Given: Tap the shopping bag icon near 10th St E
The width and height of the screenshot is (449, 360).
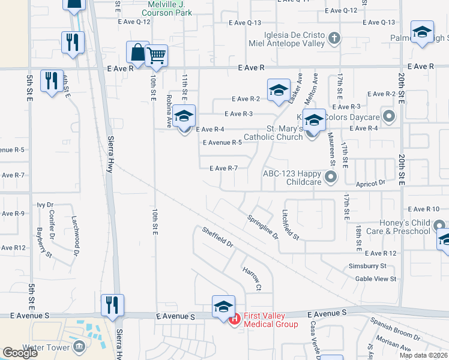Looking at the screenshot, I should (137, 52).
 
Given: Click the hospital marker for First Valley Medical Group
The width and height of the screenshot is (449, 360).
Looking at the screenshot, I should (234, 319).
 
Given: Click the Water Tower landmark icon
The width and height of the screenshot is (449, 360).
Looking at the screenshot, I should (79, 347).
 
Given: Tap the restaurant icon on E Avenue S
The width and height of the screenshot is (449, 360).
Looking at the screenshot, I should (112, 305).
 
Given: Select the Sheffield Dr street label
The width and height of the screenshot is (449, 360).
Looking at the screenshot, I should (217, 238).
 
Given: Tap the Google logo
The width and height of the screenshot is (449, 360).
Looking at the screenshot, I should (20, 353).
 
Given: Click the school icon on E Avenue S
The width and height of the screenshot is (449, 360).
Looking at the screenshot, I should (223, 306).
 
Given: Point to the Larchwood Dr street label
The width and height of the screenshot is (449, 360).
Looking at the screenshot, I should (76, 229).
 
